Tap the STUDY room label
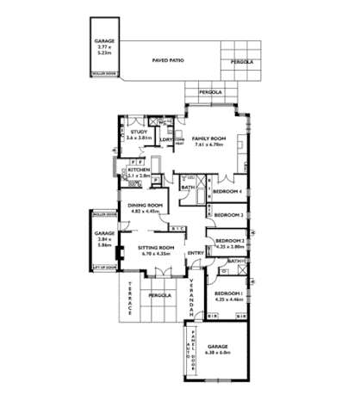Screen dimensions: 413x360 coord(139,132)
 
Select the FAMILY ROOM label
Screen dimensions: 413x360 coord(208,138)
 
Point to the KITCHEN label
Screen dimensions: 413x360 coord(140,170)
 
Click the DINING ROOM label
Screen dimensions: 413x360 coord(146,205)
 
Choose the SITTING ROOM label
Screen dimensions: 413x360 coord(156,247)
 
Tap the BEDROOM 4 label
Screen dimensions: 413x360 coord(231,191)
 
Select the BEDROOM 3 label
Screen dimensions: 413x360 coord(231,214)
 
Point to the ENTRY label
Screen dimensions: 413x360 coord(196,252)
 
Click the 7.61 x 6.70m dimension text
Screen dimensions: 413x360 coord(208,145)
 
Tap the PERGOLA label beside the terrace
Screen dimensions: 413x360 coord(158,296)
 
